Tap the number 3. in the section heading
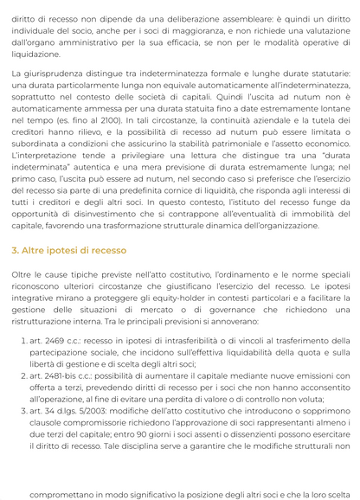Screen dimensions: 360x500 coord(16,250)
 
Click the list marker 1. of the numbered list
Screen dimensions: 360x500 coord(22,342)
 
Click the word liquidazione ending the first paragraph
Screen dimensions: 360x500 coord(35,54)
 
